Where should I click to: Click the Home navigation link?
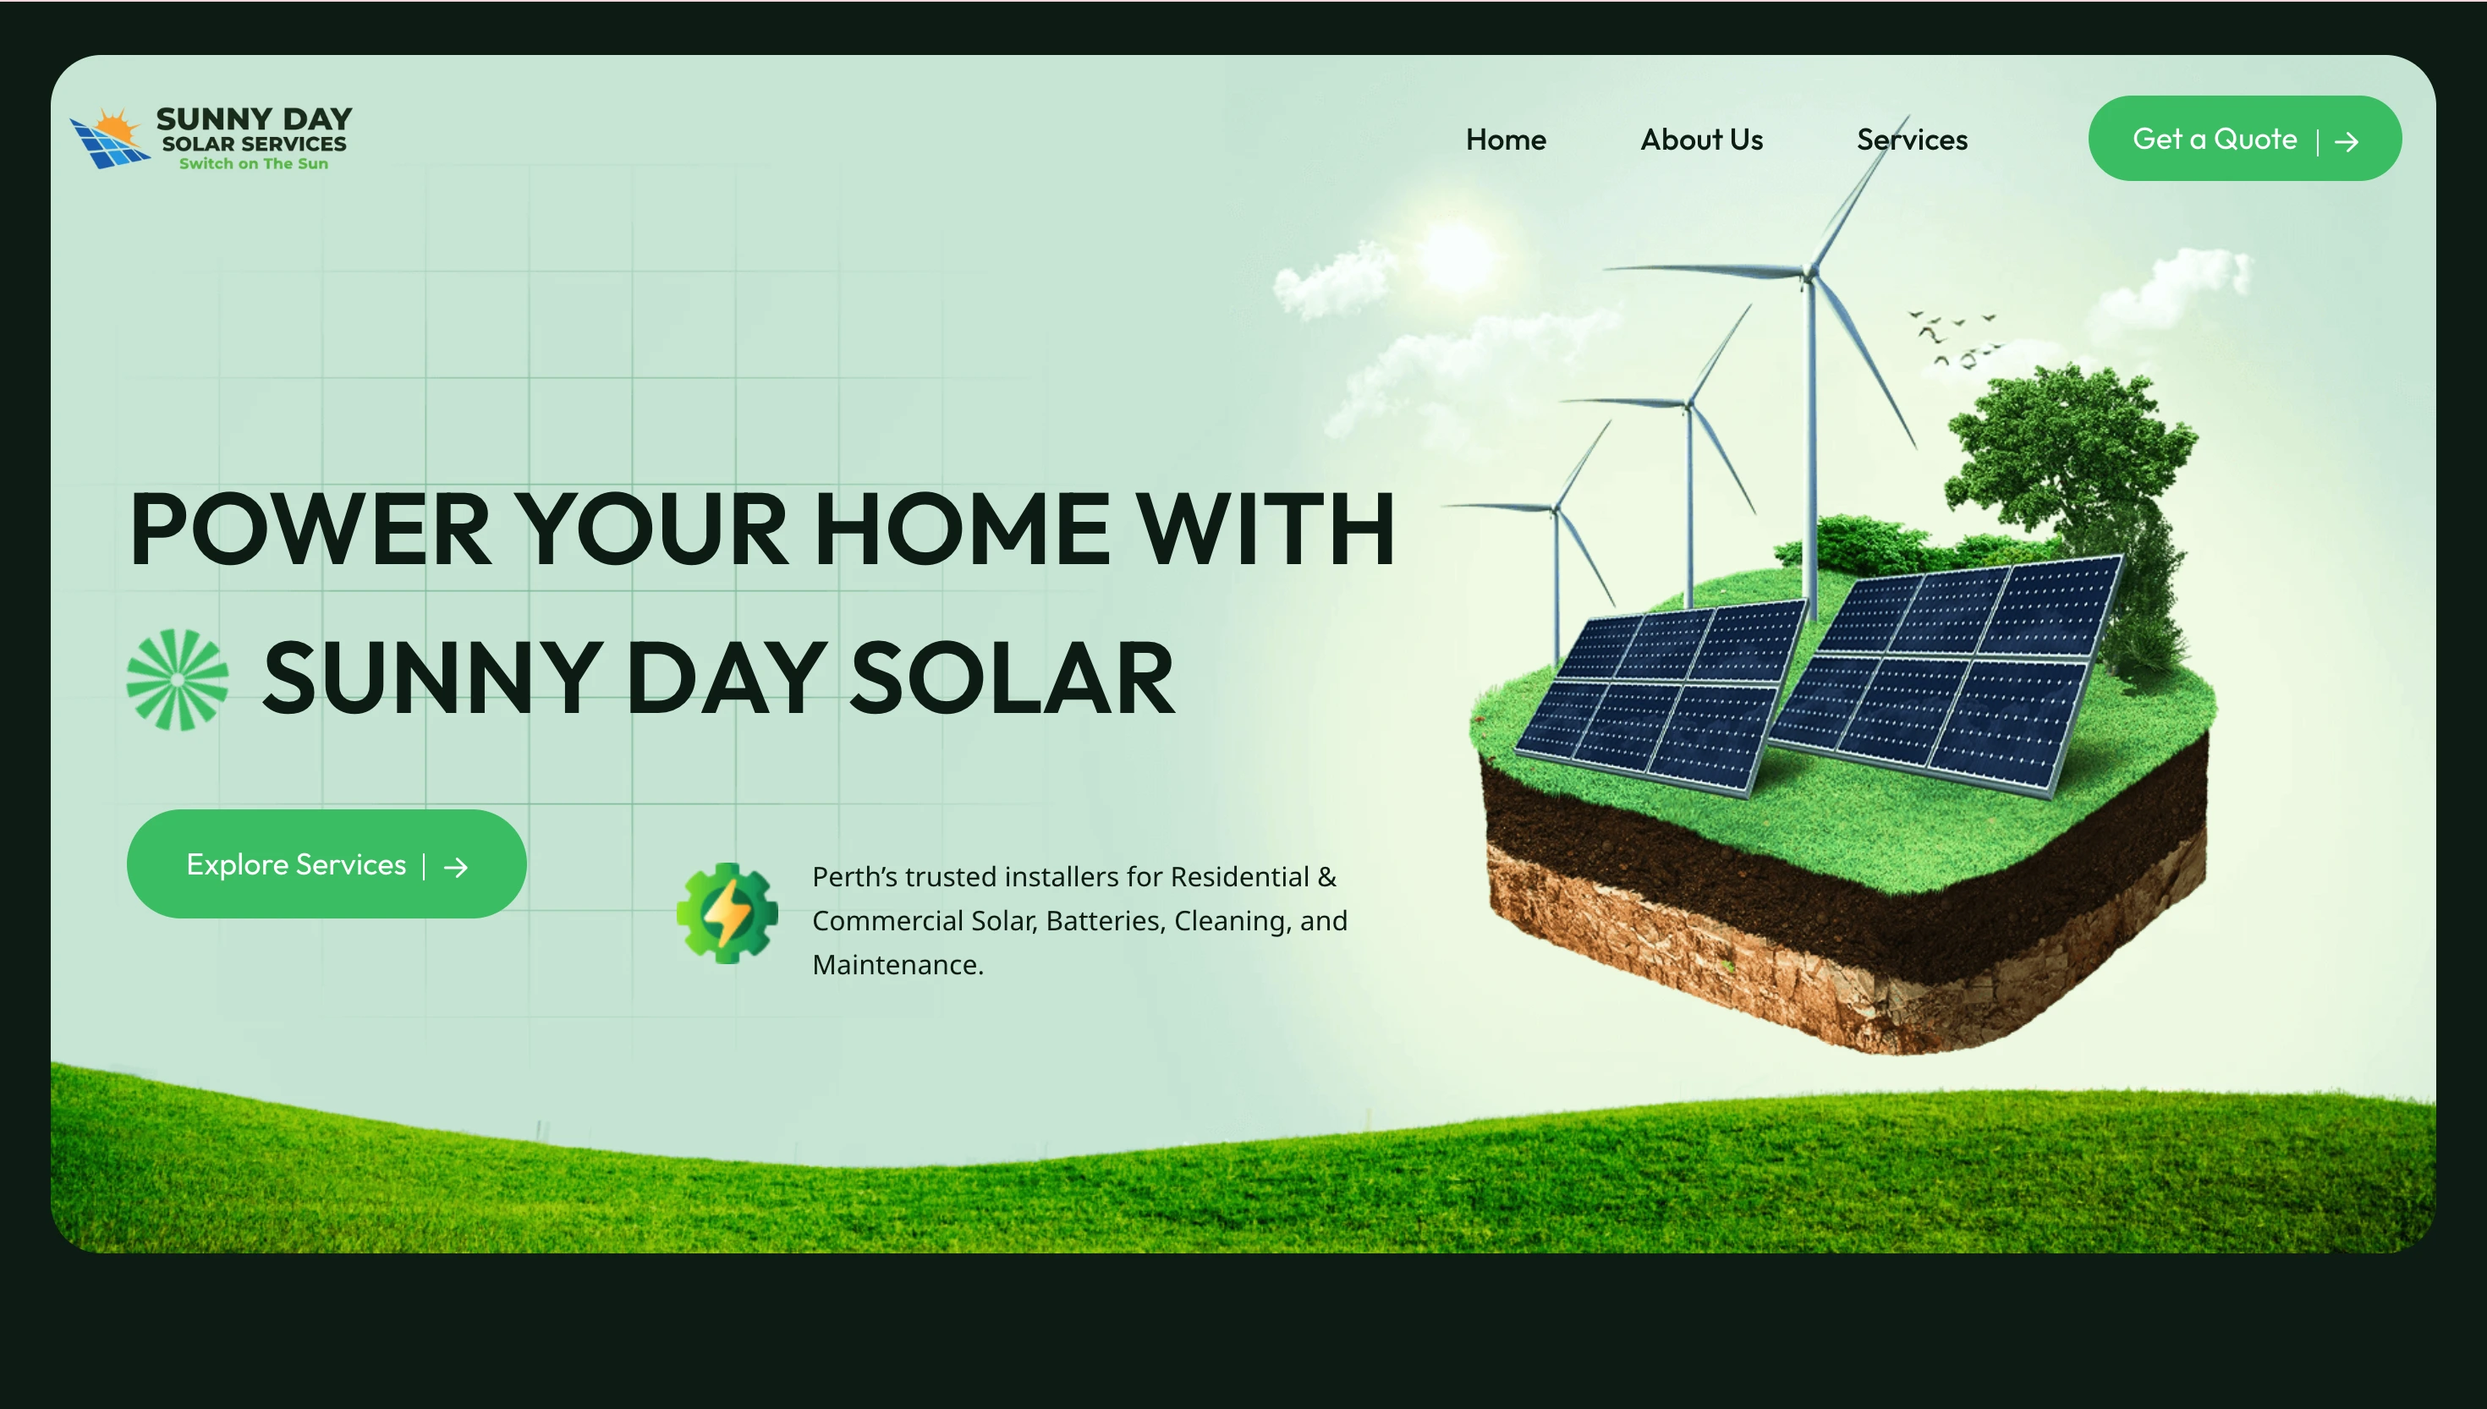1505,140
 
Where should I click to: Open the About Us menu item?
1700,140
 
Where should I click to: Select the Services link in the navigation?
1911,140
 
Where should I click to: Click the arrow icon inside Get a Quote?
2346,142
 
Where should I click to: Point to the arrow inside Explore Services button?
456,867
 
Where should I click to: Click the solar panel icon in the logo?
107,141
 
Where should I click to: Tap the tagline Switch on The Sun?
253,163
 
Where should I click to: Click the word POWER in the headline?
310,529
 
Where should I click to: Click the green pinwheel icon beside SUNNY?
177,679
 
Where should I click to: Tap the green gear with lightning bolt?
727,913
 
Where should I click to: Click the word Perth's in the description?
854,877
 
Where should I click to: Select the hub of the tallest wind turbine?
1807,277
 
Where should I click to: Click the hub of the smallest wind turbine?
1555,510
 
